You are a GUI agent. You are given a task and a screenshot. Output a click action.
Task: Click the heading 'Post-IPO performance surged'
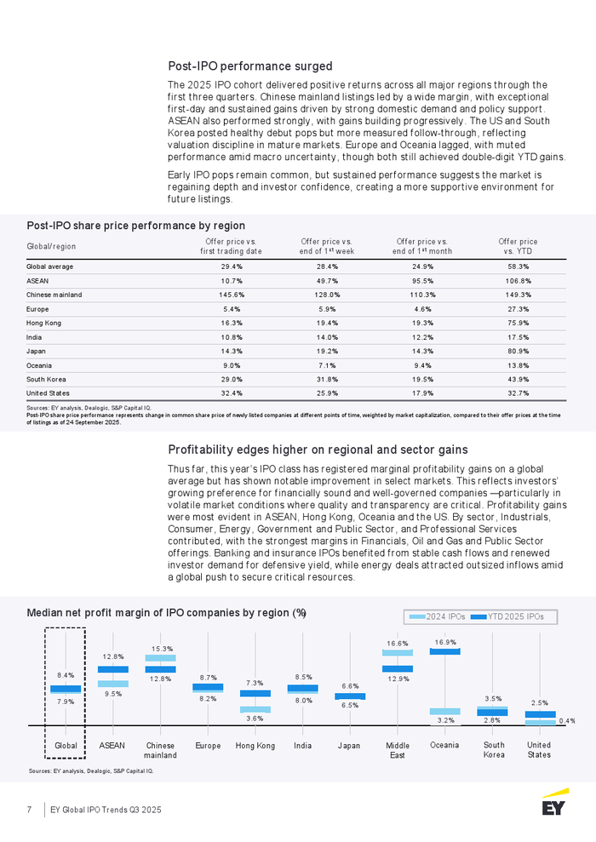(249, 66)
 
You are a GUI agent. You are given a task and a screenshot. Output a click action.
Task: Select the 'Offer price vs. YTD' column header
(518, 246)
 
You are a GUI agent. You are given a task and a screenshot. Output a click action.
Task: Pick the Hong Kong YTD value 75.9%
(518, 323)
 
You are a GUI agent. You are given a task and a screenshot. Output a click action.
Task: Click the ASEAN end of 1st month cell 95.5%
(423, 280)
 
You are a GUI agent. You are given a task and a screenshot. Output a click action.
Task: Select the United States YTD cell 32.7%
(518, 393)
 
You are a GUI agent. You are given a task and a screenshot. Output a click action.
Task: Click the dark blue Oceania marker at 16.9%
(445, 651)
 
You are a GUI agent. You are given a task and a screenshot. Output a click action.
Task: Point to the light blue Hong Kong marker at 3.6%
(255, 709)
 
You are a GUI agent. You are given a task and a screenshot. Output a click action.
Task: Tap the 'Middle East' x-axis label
(398, 750)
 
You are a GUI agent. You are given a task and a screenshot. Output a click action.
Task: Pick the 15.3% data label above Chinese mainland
(162, 649)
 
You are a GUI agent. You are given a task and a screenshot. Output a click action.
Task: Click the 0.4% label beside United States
(567, 720)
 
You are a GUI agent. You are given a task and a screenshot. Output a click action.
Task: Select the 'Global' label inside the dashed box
(66, 746)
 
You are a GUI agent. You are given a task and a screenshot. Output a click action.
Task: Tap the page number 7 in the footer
(30, 809)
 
